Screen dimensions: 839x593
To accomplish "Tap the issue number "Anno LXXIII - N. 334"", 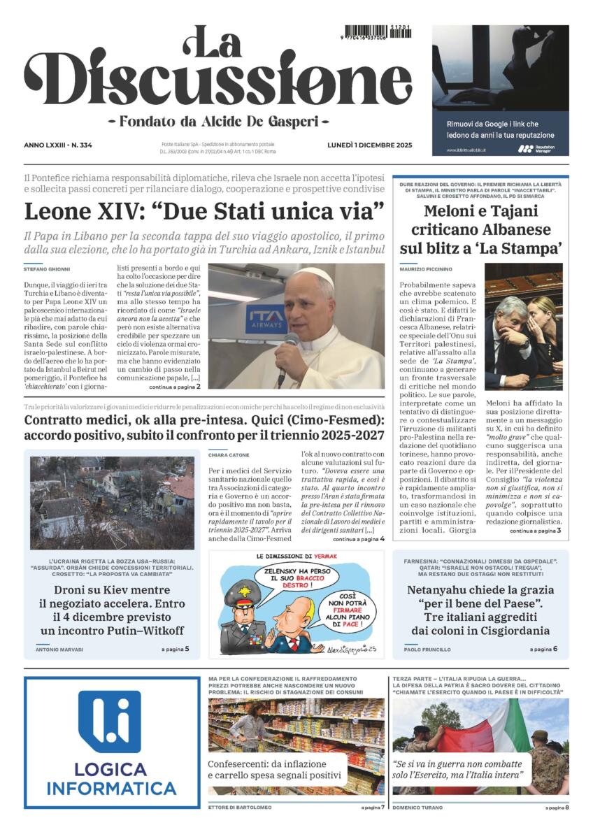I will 58,145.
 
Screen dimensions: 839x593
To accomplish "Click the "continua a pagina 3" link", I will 535,531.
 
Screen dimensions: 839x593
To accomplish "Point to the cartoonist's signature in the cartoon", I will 352,650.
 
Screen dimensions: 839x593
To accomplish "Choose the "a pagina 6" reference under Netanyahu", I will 545,650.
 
